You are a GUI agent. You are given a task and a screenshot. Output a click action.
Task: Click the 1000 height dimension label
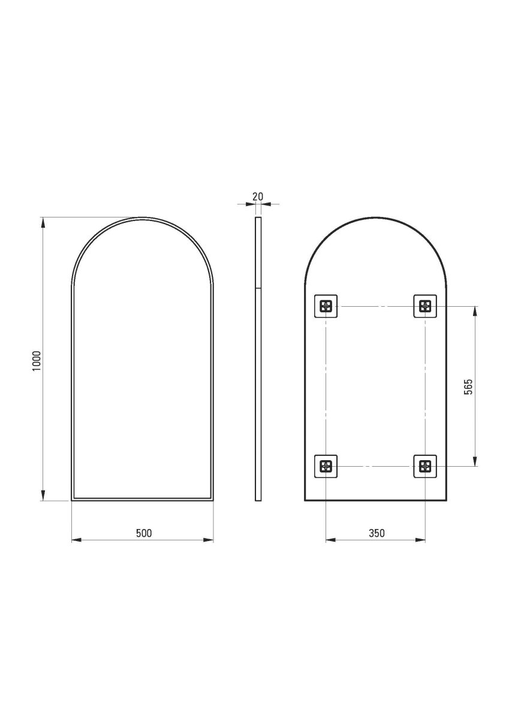point(37,360)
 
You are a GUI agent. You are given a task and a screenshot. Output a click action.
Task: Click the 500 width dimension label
point(143,533)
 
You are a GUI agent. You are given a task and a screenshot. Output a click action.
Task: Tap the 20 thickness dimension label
point(258,197)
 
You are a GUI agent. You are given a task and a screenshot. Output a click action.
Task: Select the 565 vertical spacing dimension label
point(469,387)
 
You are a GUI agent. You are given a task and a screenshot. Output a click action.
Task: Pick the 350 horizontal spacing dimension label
point(376,533)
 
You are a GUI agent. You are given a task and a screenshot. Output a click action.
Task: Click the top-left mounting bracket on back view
point(326,307)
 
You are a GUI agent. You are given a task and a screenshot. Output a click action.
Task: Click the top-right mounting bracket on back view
point(425,307)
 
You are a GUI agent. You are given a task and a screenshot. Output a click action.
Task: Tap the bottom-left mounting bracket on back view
point(326,466)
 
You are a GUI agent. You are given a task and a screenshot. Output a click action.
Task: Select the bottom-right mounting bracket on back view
point(425,466)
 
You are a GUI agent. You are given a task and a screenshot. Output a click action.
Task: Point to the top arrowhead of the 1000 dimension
point(43,222)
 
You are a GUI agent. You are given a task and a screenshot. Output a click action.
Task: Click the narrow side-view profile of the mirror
point(258,359)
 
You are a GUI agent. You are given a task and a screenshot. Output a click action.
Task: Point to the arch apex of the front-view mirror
point(143,218)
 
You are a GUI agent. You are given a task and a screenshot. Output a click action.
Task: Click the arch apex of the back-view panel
point(375,218)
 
